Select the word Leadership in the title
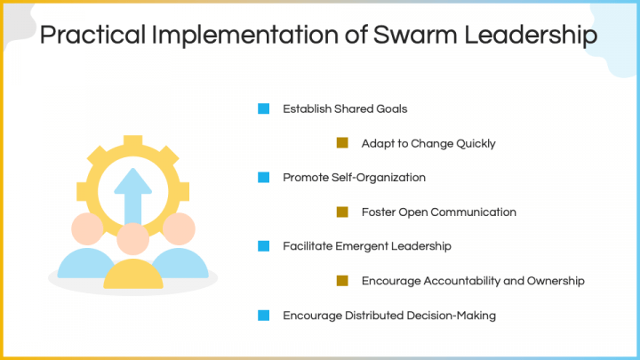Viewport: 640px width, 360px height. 537,36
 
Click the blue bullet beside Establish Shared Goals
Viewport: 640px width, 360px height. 263,109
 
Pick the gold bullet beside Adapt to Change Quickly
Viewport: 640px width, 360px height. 342,143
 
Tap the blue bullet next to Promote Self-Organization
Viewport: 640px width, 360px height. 263,178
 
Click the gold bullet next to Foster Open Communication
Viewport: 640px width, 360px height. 342,212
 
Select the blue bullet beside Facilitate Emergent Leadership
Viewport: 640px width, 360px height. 263,246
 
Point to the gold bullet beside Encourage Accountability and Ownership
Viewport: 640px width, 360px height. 342,281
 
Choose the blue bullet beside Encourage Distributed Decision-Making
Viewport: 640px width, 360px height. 263,315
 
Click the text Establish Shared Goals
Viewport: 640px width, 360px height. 345,109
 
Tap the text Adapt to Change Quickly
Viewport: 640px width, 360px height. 428,143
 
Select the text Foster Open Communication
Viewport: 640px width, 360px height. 439,212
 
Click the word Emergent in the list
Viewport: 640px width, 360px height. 372,246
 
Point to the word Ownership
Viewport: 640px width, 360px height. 555,281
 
